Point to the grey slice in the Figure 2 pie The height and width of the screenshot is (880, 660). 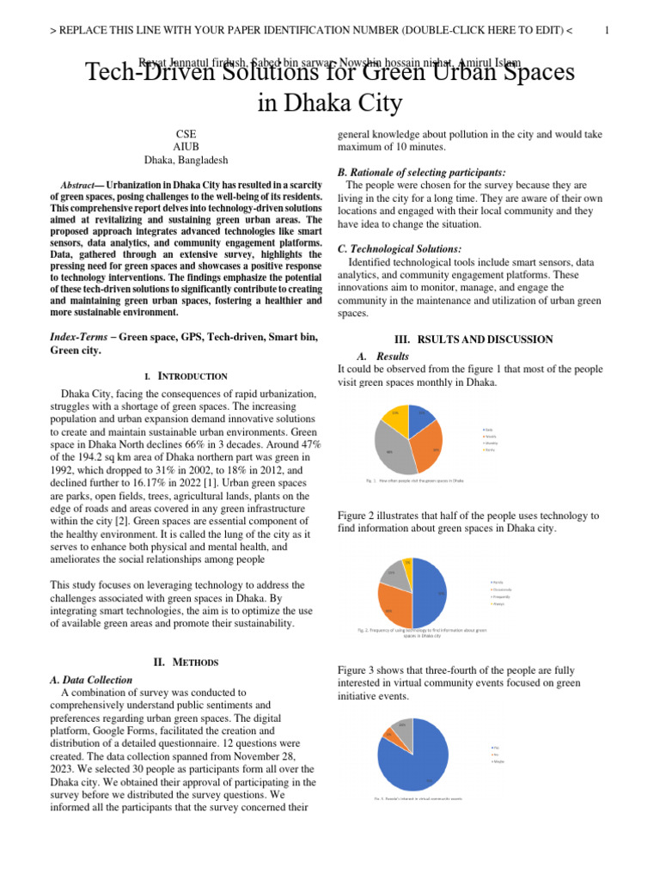click(394, 574)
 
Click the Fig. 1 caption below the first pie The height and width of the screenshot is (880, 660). click(414, 480)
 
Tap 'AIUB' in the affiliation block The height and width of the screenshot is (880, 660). click(186, 147)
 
